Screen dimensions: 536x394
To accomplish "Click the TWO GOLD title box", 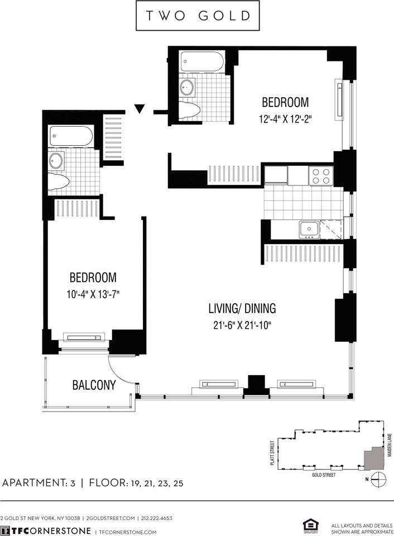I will click(198, 16).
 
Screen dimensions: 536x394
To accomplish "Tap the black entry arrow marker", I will click(140, 108).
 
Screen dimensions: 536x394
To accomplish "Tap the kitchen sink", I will click(308, 229).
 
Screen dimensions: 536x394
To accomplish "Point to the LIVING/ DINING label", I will click(242, 308).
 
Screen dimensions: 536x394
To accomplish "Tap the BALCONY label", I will click(94, 385).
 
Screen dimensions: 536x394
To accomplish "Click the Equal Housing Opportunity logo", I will click(307, 525).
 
